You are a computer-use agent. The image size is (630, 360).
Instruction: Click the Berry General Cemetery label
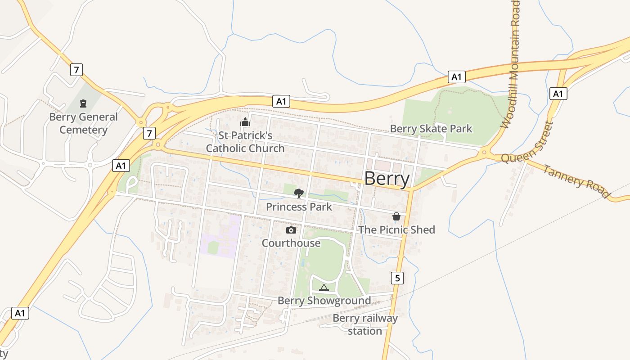coord(83,123)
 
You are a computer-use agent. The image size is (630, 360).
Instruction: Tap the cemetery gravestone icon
coord(83,104)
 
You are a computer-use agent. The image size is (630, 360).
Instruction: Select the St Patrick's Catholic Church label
coord(245,142)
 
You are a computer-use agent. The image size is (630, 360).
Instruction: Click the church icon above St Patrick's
coord(245,122)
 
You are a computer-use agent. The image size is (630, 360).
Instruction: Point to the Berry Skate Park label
coord(431,129)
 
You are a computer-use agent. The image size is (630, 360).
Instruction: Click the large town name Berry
coord(387,179)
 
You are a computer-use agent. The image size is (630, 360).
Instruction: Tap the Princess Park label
coord(299,207)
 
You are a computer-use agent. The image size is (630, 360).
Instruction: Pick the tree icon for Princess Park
coord(298,193)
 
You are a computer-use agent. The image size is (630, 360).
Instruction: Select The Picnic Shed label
coord(396,230)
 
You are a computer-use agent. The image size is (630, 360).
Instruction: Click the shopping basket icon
coord(396,216)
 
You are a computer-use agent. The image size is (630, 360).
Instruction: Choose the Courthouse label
coord(291,243)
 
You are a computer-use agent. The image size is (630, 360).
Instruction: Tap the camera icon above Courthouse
coord(291,230)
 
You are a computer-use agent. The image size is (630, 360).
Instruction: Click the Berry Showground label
coord(324,301)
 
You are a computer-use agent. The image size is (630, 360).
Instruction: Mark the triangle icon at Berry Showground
coord(324,288)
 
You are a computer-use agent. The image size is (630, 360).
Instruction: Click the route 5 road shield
coord(397,278)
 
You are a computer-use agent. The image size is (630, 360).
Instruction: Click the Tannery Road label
coord(576,182)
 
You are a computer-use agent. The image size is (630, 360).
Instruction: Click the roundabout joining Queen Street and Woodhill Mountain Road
coord(485,153)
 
